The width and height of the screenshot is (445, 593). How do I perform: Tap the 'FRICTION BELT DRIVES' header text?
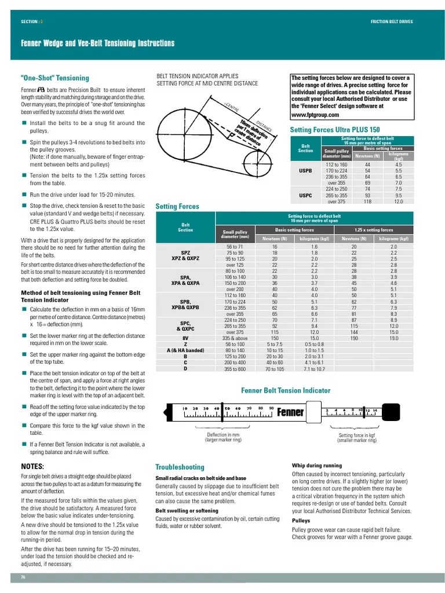point(392,21)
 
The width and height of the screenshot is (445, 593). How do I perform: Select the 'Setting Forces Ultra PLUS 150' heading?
point(335,130)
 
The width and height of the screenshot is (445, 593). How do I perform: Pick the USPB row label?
point(305,171)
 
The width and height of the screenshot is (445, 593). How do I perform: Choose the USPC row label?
point(305,195)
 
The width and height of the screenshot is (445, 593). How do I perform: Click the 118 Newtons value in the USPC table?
point(367,202)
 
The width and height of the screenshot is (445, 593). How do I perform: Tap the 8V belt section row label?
point(185,338)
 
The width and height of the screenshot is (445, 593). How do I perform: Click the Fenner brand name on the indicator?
point(290,412)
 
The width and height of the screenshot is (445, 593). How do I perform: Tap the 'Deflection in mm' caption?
point(223,435)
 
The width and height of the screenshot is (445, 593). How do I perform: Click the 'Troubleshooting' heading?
point(180,467)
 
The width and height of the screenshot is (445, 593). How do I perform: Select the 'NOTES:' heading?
point(33,466)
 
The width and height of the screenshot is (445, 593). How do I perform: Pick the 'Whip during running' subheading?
point(316,466)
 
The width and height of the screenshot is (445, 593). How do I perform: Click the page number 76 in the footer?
point(24,577)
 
